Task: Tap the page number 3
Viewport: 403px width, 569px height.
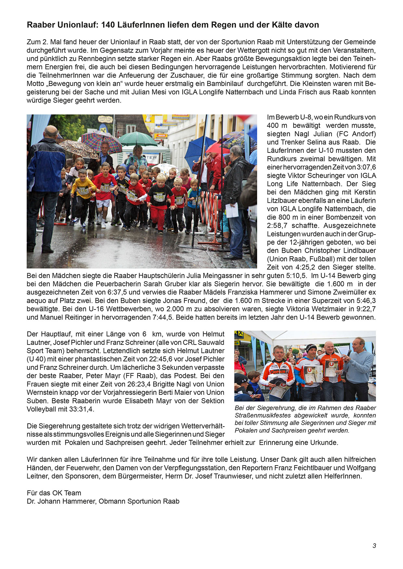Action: (374, 546)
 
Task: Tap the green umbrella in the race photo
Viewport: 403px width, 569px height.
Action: (137, 139)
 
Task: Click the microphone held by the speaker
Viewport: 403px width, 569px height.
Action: (349, 352)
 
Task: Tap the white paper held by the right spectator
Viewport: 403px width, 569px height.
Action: (232, 210)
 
